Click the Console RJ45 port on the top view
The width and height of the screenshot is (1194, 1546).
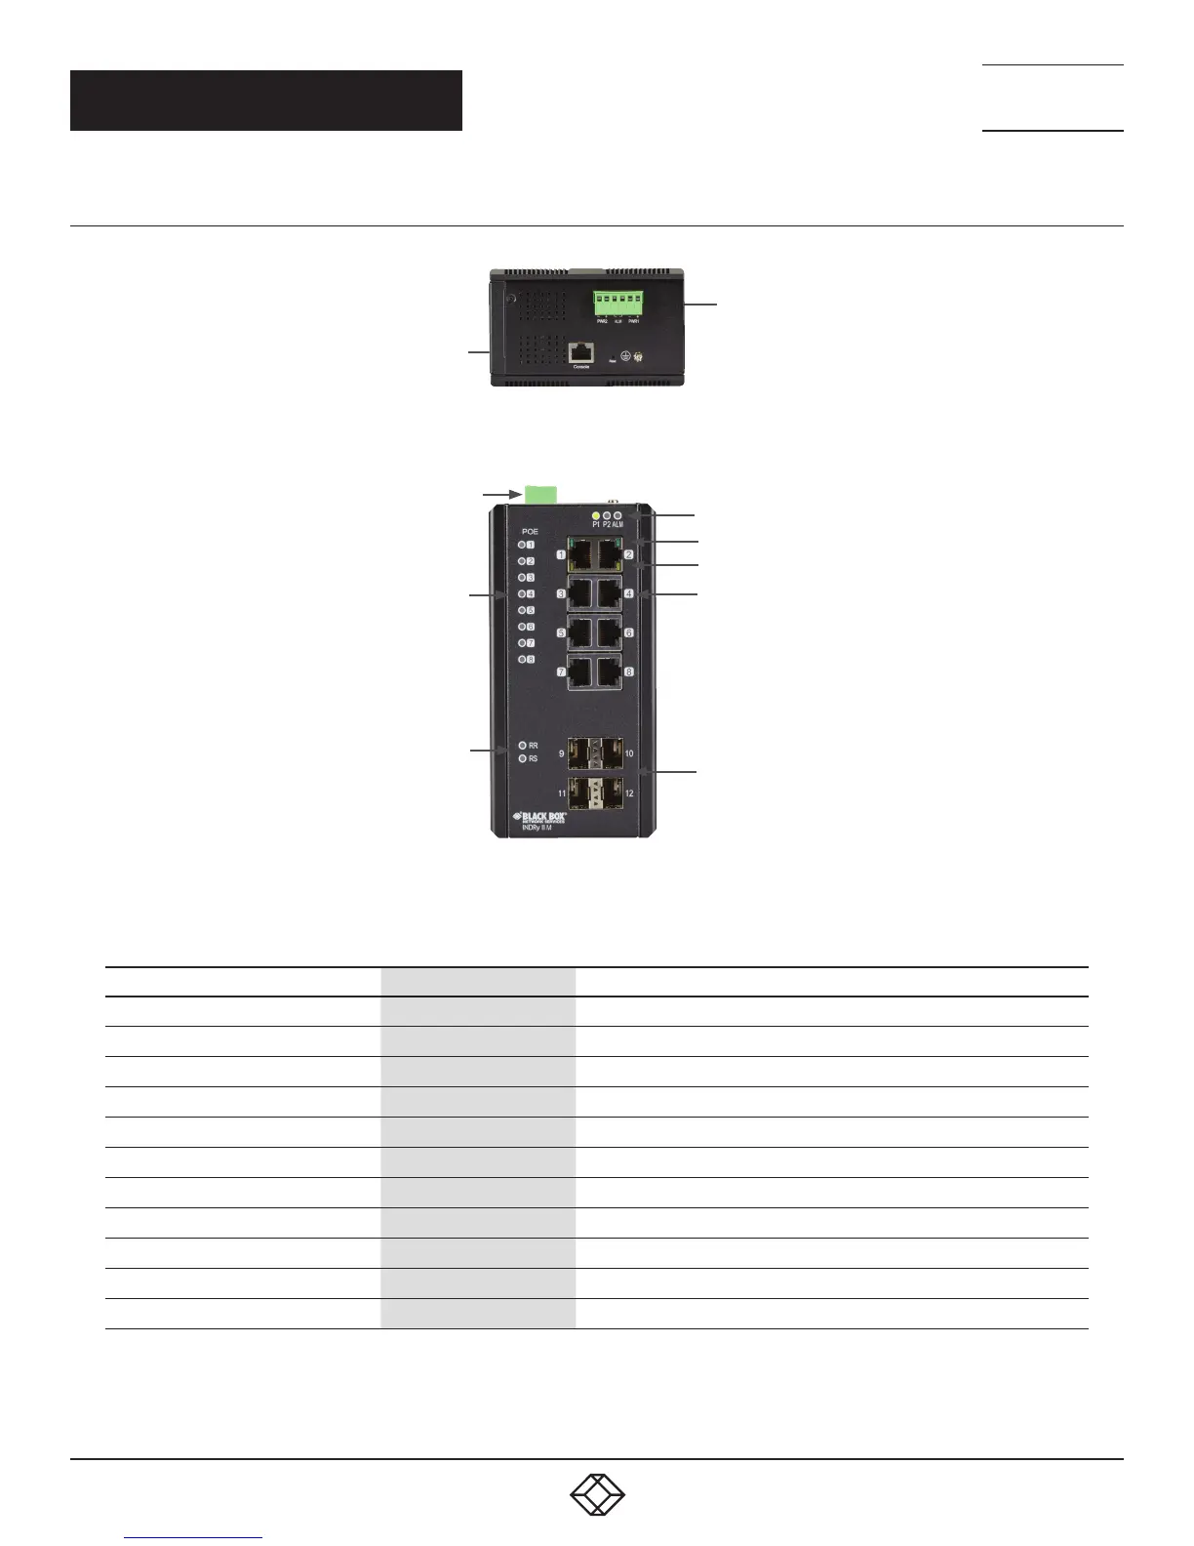point(581,351)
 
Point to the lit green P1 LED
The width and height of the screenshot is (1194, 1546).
point(596,514)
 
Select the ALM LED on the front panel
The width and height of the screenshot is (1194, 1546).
point(618,514)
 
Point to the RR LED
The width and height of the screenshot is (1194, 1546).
point(523,746)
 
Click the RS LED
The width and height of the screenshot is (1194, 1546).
point(523,758)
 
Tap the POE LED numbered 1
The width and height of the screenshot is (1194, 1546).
point(522,546)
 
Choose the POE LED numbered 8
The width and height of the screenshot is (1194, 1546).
point(522,660)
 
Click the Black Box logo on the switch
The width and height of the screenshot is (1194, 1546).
point(539,817)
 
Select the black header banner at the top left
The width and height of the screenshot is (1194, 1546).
point(265,101)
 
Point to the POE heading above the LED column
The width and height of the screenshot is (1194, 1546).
point(530,532)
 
